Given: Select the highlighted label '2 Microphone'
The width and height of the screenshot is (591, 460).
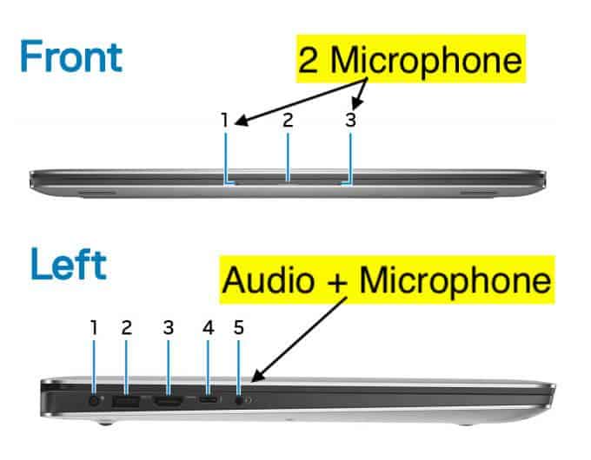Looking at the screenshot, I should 412,59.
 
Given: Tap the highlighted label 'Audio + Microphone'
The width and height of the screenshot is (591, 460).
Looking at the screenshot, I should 387,279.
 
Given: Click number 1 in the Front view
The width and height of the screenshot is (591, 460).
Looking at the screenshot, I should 224,121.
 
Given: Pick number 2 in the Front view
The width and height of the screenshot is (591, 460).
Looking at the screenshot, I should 289,121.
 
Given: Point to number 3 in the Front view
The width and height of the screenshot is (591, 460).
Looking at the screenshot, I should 350,121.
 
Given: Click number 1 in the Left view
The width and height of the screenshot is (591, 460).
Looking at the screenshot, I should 94,327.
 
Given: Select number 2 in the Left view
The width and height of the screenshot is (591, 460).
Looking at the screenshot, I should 127,327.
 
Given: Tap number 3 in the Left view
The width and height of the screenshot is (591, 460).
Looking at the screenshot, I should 169,327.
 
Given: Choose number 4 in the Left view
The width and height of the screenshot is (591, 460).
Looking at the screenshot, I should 208,327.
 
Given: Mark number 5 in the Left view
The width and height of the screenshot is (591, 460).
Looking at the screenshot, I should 239,327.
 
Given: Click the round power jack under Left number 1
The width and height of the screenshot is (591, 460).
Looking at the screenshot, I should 94,401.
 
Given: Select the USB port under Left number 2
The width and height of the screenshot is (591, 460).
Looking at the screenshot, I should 127,402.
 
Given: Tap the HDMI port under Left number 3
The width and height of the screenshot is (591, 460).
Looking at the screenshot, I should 169,402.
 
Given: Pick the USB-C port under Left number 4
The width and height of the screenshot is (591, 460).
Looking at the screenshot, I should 208,402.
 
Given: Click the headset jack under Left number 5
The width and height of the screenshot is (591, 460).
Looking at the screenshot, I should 239,401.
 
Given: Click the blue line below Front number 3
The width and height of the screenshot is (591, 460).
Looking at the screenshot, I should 351,156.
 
